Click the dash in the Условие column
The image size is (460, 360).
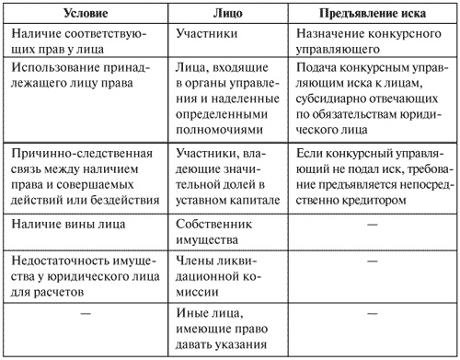click(x=86, y=316)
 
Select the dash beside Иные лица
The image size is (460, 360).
click(x=373, y=316)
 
